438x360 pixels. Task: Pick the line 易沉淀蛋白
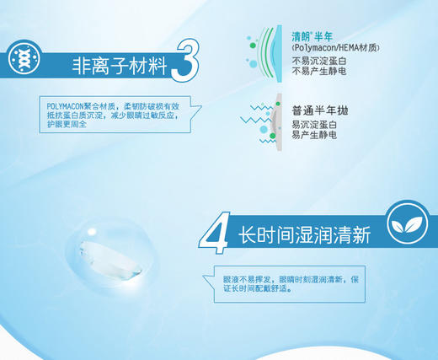pyautogui.click(x=313, y=124)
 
